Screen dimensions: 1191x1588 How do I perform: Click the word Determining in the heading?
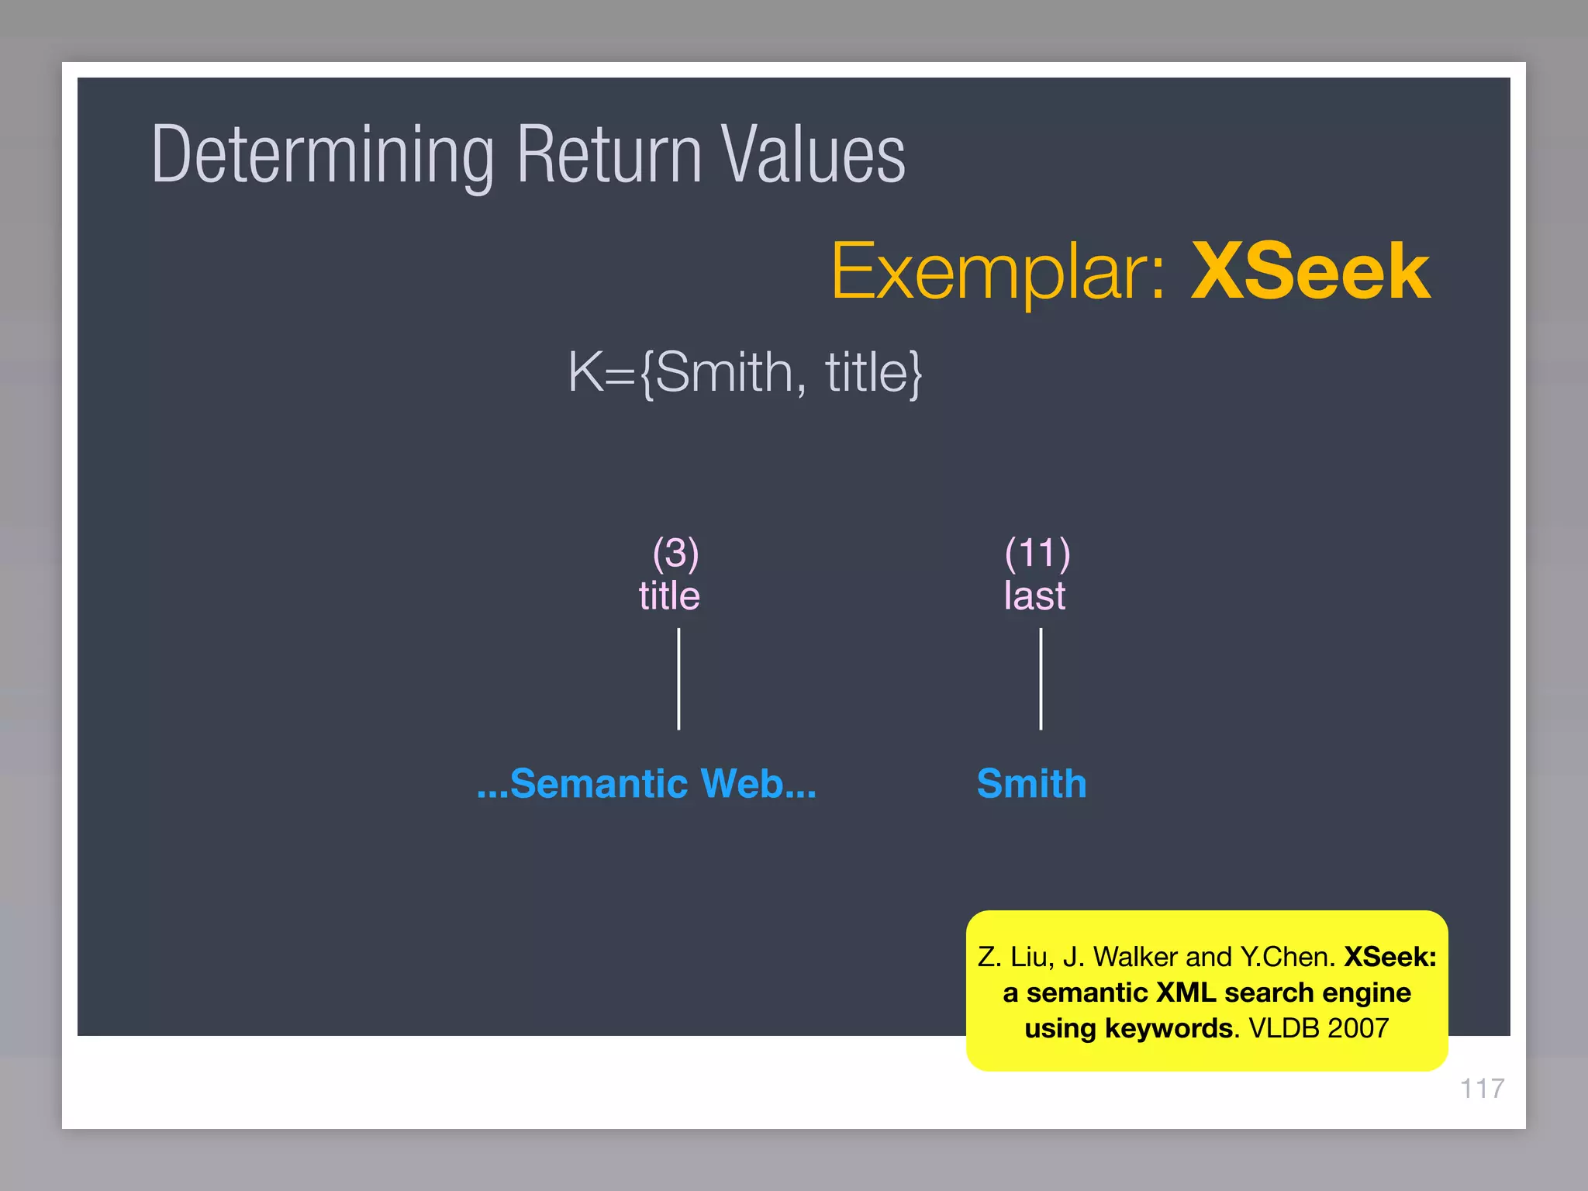323,155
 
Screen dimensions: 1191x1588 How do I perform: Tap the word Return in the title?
609,155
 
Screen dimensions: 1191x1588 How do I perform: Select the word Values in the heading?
812,155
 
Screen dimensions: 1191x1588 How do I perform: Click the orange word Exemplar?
997,271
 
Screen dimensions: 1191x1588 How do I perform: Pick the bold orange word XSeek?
1310,271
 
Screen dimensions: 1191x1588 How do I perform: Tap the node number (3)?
675,553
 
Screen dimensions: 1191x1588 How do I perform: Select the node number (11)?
1037,553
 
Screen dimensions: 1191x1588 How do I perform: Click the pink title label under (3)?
669,595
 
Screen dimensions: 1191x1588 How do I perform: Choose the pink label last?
1034,595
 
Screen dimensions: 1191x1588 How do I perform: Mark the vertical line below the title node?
678,678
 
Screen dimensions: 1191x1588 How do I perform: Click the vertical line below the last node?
1041,678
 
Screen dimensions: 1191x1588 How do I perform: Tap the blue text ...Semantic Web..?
646,783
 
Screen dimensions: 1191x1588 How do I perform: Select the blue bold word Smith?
1031,783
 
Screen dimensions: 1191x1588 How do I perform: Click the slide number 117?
1482,1089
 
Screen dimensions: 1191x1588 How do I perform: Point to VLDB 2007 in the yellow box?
1318,1028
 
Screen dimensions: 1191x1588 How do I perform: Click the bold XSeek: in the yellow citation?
1389,957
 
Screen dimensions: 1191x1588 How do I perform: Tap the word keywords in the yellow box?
1168,1028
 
